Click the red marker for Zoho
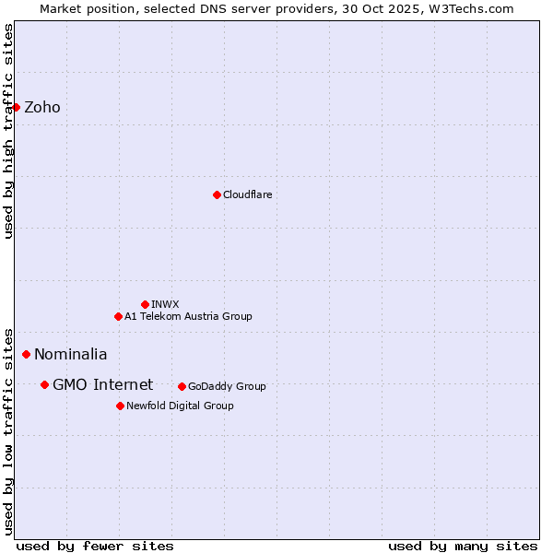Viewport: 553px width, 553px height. (x=16, y=107)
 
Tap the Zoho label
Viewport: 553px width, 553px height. (x=42, y=108)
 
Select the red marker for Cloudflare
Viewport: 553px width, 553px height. (x=217, y=194)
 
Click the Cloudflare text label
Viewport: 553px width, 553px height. (x=247, y=195)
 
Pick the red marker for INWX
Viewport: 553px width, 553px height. (x=145, y=304)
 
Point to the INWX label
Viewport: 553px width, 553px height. (x=165, y=305)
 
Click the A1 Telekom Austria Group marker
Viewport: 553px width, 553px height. (x=118, y=316)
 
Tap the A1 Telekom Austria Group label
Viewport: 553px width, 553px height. (x=188, y=317)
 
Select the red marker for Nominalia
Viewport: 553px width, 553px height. (x=26, y=354)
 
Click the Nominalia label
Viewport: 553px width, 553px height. (x=71, y=355)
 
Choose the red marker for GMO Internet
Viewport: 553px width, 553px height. (x=44, y=384)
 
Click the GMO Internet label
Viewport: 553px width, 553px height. (x=102, y=385)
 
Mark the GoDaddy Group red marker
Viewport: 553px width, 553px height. (x=182, y=386)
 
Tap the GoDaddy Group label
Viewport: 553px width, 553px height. (x=227, y=387)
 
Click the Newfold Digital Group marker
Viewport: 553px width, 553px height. (x=120, y=406)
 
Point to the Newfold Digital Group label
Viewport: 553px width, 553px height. (x=180, y=406)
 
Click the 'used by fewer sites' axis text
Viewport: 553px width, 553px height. (x=95, y=546)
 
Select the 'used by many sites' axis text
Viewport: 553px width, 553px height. (x=463, y=546)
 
